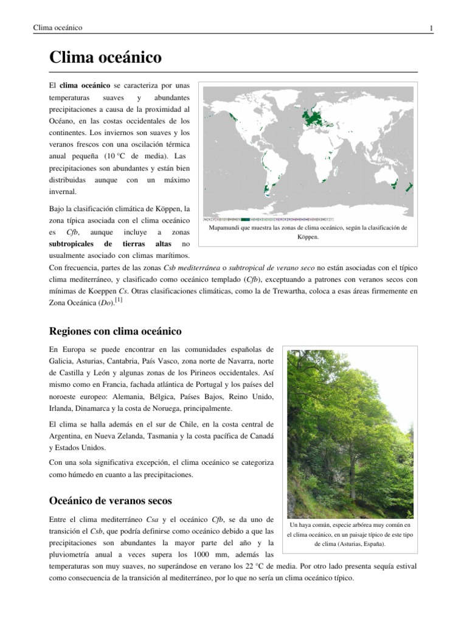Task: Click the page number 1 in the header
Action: (x=431, y=28)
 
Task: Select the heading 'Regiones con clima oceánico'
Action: (x=115, y=331)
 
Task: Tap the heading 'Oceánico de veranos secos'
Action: (x=110, y=501)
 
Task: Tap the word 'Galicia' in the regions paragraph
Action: (x=60, y=361)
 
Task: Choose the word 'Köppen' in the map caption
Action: (x=307, y=237)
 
